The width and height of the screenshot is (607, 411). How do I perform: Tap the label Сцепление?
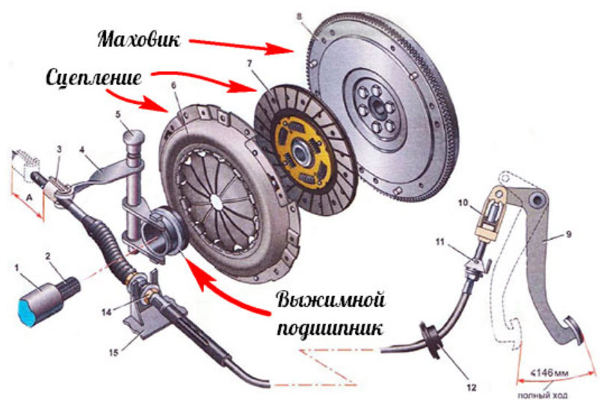[98, 78]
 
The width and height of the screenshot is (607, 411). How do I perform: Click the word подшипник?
[330, 330]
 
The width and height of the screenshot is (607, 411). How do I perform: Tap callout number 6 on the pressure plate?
[174, 86]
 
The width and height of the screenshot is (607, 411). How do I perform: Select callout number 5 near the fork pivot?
[117, 114]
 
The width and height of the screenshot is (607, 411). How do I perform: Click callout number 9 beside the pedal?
[569, 235]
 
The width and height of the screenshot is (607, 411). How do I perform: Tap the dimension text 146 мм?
[549, 370]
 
